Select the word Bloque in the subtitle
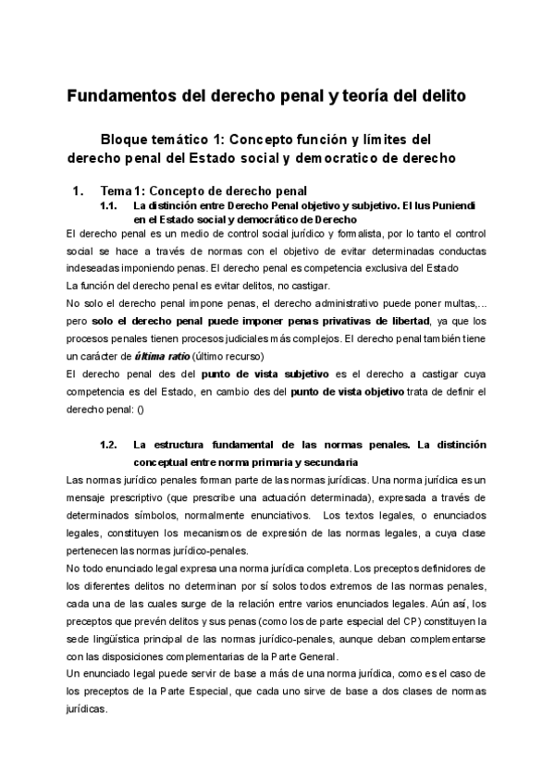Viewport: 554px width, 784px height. coord(129,140)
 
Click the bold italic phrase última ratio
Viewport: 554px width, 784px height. coord(163,356)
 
